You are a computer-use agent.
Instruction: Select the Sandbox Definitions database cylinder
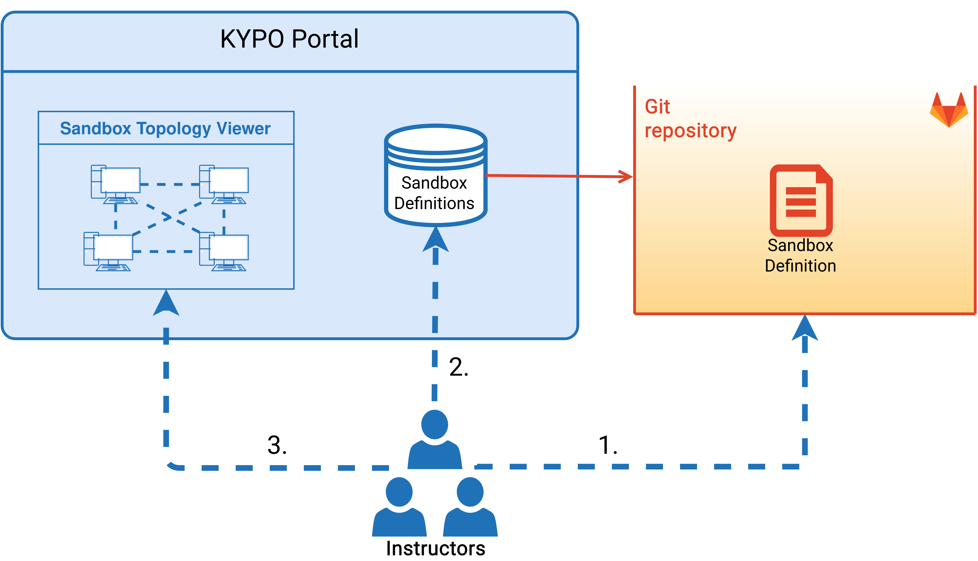pos(435,175)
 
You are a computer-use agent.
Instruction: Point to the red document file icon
pos(801,200)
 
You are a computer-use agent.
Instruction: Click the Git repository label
pos(690,119)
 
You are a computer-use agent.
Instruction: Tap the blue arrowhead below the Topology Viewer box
pos(166,303)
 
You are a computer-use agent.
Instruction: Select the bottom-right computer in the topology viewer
pos(224,252)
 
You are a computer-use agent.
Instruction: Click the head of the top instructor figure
pos(435,425)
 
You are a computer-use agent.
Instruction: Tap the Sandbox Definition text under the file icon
pos(800,256)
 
